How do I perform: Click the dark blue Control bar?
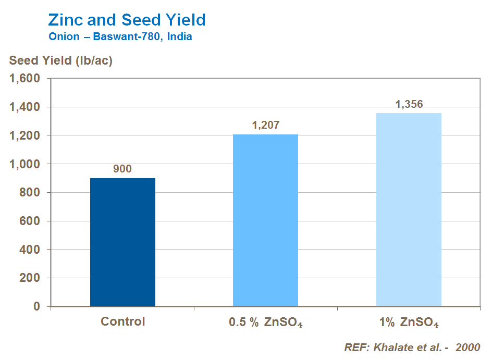click(122, 242)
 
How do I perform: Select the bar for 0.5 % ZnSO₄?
click(265, 220)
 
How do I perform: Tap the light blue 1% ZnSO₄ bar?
click(409, 209)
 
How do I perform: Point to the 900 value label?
click(122, 169)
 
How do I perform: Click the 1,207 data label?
click(265, 125)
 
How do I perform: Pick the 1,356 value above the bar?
click(409, 104)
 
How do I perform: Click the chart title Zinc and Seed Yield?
click(127, 20)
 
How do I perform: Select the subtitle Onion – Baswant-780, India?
click(120, 37)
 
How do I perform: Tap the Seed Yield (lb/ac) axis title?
click(61, 60)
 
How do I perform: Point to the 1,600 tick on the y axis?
click(26, 79)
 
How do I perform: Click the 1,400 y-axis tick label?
click(26, 107)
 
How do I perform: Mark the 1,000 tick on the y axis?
click(26, 164)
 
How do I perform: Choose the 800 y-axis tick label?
click(30, 193)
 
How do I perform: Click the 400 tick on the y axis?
click(30, 250)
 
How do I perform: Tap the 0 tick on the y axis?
click(37, 306)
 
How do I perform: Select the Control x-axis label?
click(122, 321)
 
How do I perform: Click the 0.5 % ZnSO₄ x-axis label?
click(265, 322)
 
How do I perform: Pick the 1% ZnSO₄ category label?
click(409, 322)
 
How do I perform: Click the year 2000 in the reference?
click(468, 347)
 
